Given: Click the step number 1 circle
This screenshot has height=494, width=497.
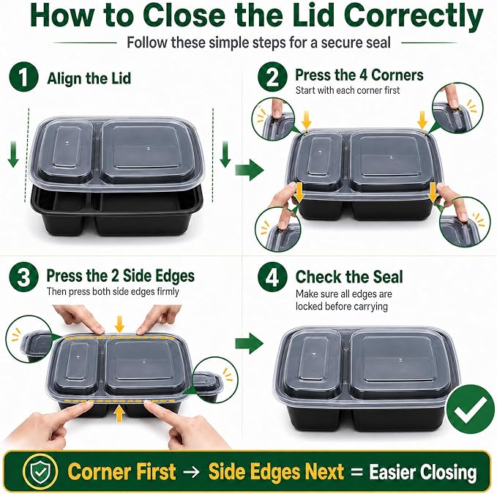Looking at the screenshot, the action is pos(23,78).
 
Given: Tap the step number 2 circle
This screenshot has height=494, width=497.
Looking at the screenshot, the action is pos(272,77).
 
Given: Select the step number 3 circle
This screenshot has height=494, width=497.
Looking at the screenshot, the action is pos(23,277).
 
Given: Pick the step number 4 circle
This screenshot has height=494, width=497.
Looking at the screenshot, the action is pos(272,277).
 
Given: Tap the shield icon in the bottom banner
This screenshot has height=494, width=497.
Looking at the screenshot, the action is pos(40,471).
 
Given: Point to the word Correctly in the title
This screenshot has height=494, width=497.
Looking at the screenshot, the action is pos(414,18).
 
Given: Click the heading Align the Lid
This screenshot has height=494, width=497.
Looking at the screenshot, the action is pos(89,78).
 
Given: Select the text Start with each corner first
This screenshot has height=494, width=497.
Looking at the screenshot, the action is pos(348,90).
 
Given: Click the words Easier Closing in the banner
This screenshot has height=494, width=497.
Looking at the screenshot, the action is pos(423,472).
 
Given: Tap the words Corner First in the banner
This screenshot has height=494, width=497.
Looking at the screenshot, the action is pos(122,471).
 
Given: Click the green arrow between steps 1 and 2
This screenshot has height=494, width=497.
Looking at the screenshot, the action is pos(250,171).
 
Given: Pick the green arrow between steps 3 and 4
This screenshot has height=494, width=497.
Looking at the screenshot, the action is pos(249,343).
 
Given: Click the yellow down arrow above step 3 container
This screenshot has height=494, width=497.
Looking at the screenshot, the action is pos(119,324).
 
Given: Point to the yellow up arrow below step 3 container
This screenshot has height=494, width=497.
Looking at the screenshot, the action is pos(119,413).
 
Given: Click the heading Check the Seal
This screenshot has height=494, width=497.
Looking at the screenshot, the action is pos(349,277).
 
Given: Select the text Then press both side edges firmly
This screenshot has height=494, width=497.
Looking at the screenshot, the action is pos(113,291).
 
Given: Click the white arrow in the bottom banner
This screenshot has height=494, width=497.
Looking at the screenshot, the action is pos(192,472).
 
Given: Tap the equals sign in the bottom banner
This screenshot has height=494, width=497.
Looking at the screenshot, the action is pos(357,472).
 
